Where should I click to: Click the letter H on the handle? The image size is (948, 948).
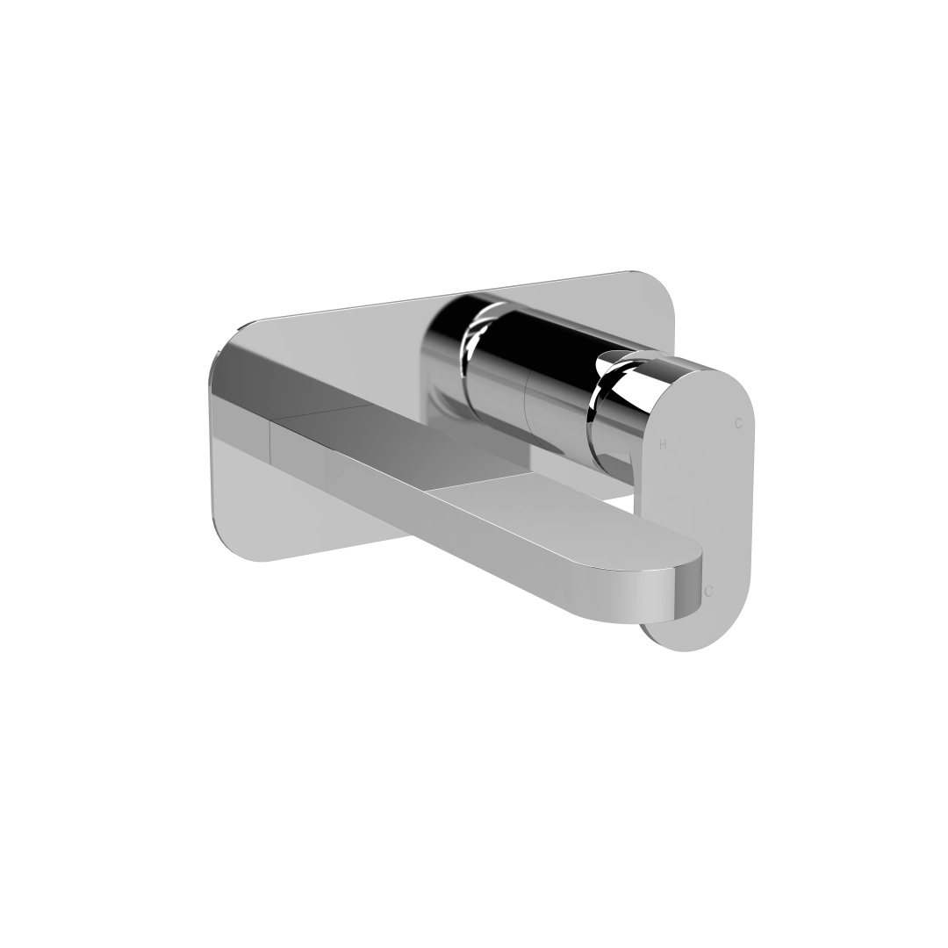663,445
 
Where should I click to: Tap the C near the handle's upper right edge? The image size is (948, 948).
738,424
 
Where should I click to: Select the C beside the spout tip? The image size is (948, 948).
708,591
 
